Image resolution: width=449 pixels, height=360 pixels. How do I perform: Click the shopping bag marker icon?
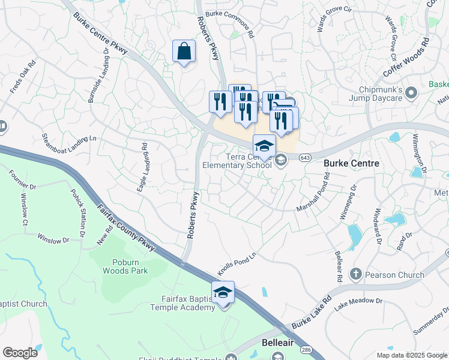[x=184, y=52]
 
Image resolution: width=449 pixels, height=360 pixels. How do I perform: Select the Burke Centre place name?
[x=351, y=163]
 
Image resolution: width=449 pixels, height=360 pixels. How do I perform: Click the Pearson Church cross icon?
[x=356, y=275]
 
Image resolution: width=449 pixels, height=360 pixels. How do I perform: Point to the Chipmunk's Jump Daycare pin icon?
[x=411, y=93]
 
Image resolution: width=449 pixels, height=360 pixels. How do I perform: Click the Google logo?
[x=20, y=353]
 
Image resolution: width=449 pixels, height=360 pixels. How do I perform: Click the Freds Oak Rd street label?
[x=24, y=77]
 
